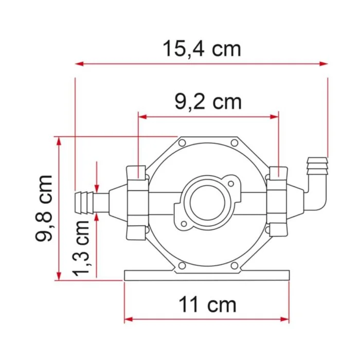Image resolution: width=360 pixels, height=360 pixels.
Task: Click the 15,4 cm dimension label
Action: click(x=202, y=49)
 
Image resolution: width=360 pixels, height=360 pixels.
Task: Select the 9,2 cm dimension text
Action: click(x=208, y=101)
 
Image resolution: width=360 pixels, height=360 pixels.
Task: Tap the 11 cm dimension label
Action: click(x=207, y=304)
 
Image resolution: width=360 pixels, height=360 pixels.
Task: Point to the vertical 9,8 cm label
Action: click(x=45, y=208)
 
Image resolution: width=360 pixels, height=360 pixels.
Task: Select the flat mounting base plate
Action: click(x=207, y=275)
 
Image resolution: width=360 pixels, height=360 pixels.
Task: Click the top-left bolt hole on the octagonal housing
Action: click(x=182, y=142)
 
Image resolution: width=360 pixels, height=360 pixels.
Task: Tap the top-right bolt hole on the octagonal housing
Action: click(x=234, y=142)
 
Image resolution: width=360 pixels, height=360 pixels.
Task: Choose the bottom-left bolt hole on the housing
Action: click(x=182, y=265)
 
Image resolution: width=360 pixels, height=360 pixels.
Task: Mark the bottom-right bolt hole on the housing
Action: click(x=234, y=265)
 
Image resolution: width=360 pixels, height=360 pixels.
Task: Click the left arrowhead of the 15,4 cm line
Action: click(x=79, y=64)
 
